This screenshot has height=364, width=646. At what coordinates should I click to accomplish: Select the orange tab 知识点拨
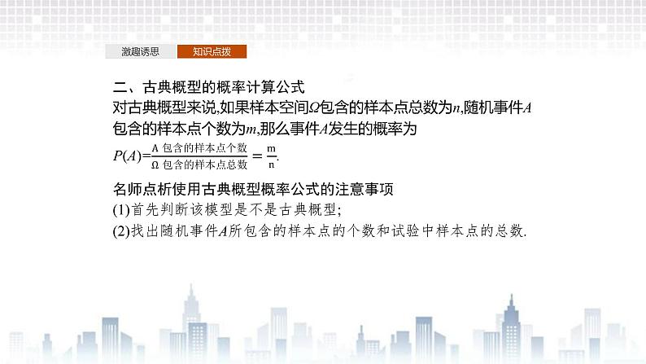(x=212, y=51)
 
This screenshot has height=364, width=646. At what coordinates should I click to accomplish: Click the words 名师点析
(x=140, y=190)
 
